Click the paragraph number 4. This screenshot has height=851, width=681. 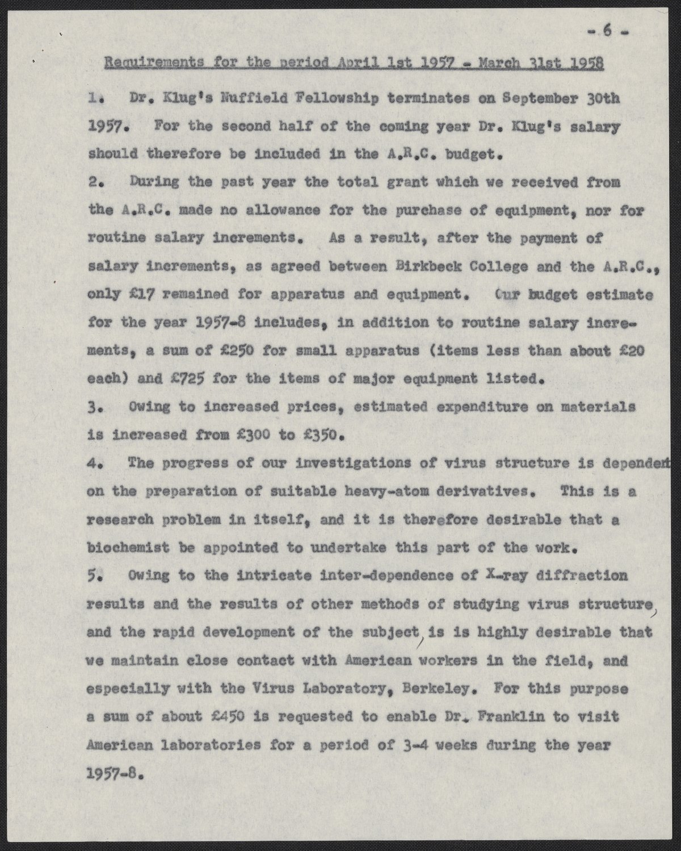[95, 464]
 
